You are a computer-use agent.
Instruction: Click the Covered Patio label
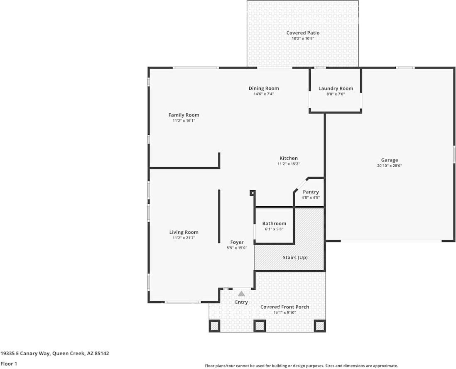click(x=303, y=33)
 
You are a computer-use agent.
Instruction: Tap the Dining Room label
click(x=264, y=88)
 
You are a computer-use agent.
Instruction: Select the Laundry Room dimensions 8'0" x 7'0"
click(x=336, y=94)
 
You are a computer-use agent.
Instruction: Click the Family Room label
click(x=184, y=115)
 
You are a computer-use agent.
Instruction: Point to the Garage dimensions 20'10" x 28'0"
click(x=389, y=166)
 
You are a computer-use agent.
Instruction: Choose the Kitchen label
click(x=288, y=158)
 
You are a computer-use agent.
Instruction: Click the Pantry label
click(x=311, y=192)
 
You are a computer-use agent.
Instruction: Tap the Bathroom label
click(x=274, y=223)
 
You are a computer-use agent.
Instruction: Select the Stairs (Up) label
click(x=295, y=257)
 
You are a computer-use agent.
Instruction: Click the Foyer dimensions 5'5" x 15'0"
click(x=237, y=248)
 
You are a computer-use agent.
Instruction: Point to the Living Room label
click(x=184, y=232)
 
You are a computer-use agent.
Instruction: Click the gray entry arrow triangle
click(x=241, y=294)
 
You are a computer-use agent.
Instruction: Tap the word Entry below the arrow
click(x=241, y=302)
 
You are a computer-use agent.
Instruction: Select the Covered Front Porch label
click(x=284, y=307)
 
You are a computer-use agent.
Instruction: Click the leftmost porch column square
click(x=215, y=326)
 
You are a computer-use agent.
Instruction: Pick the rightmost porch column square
click(x=320, y=326)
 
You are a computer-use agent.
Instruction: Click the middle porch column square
click(x=260, y=326)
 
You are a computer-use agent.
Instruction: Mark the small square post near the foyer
click(x=252, y=193)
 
